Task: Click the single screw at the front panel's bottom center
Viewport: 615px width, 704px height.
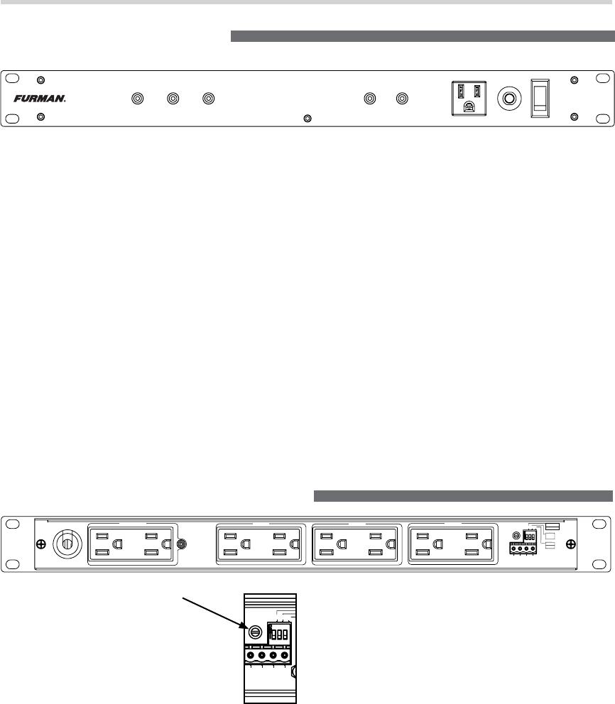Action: tap(307, 118)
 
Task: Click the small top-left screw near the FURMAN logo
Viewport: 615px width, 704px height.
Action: tap(40, 80)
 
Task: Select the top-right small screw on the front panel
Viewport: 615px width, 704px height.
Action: tap(575, 80)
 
